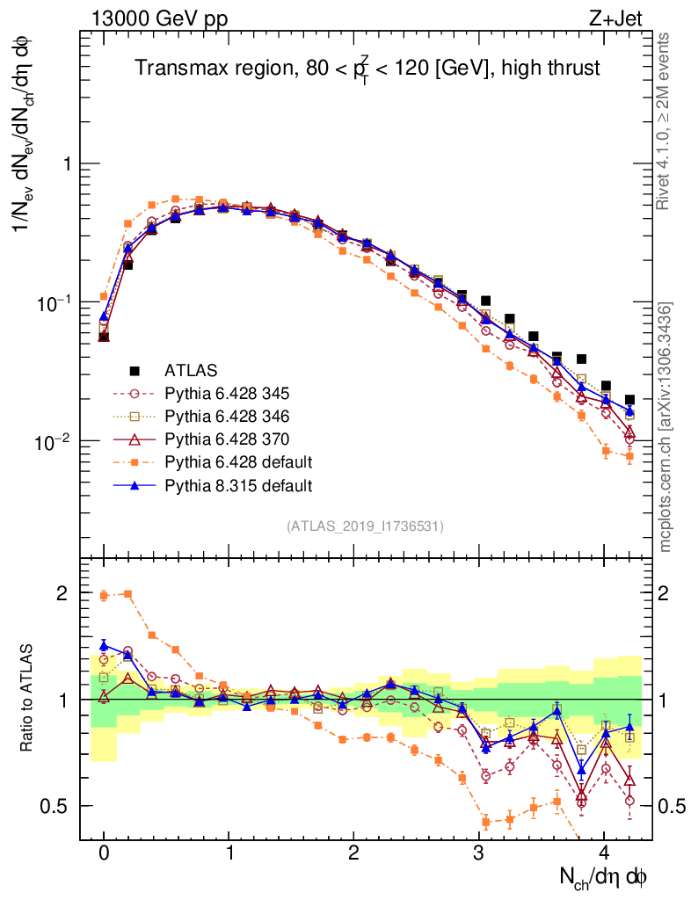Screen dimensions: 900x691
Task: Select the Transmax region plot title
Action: point(367,69)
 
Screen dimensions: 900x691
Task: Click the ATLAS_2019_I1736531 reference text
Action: point(365,526)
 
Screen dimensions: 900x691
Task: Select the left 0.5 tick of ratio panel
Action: point(60,806)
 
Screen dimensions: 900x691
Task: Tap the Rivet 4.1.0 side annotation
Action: point(666,122)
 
